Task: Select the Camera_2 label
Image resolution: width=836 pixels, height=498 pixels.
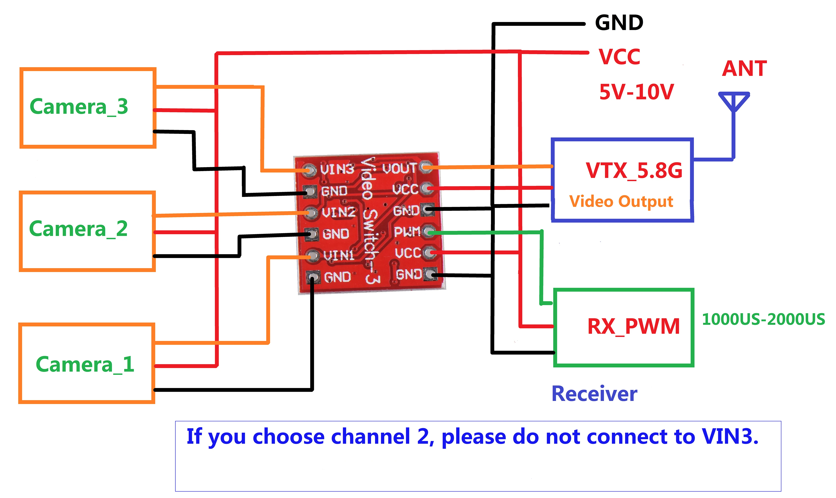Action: [78, 229]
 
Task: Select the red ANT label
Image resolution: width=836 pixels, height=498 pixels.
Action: [744, 69]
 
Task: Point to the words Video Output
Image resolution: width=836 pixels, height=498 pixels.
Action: [621, 201]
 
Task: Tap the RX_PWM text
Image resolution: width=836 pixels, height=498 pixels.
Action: [633, 326]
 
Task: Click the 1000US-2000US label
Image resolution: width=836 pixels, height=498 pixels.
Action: [763, 319]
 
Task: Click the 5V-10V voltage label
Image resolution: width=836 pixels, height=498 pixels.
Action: [636, 92]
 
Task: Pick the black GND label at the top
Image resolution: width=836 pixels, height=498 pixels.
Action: [619, 23]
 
